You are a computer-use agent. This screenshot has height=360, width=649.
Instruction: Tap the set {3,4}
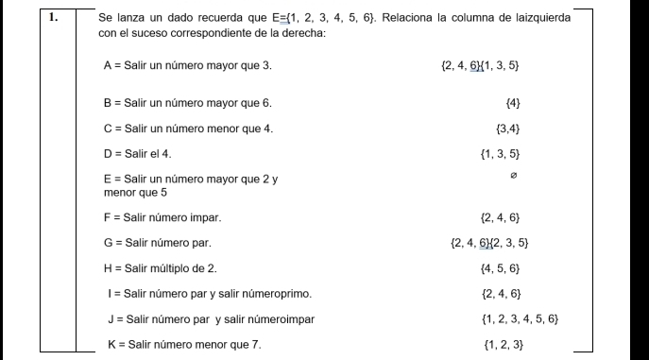pos(508,128)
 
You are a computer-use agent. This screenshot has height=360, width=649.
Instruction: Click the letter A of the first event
pos(109,66)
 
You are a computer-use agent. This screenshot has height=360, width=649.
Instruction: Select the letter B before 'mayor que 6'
pos(109,102)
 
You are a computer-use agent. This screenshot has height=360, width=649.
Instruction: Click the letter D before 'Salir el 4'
pos(109,152)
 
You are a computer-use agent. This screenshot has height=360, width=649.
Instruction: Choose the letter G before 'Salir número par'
pos(109,243)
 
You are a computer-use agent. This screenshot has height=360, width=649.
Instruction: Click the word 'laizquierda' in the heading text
pos(538,17)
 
